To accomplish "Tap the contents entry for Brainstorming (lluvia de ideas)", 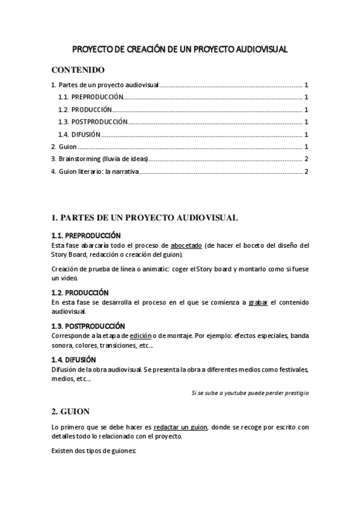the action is point(99,159).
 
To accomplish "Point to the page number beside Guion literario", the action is point(307,172).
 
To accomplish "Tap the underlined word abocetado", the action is point(186,245).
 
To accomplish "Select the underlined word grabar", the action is point(258,302).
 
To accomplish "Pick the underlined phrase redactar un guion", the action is point(181,427).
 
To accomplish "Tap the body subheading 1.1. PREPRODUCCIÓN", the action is point(86,235).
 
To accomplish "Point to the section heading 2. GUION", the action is point(70,412).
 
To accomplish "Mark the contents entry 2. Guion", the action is point(63,147).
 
